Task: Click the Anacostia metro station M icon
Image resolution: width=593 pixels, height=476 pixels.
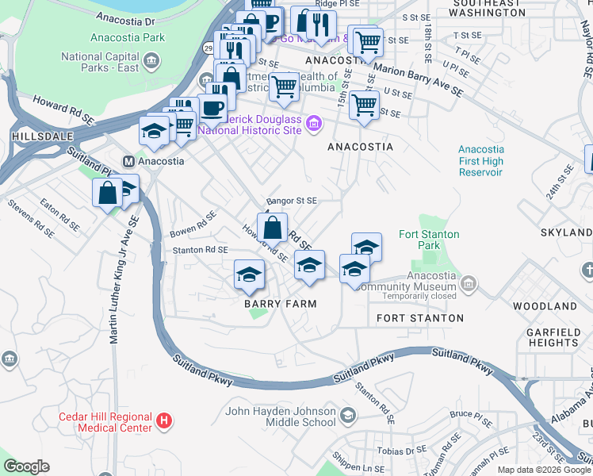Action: coord(128,161)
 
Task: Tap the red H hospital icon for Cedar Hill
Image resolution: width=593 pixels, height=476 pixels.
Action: coord(164,420)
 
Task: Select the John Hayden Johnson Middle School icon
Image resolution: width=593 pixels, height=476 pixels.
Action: coord(347,415)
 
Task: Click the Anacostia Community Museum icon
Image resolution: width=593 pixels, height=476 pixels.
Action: coord(469,282)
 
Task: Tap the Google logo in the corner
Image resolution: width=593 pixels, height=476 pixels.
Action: coord(26,466)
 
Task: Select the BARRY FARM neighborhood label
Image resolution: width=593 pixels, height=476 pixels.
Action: coord(280,304)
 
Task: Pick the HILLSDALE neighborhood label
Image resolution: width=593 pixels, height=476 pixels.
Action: coord(36,136)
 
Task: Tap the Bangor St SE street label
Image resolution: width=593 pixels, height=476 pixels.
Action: coord(291,202)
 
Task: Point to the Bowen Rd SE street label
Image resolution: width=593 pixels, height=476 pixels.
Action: coord(193,225)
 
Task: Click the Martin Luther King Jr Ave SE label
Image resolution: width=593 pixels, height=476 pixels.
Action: coord(113,294)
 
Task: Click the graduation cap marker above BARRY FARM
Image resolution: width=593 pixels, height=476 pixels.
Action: coord(249,274)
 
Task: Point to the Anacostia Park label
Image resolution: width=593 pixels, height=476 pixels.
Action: coord(127,37)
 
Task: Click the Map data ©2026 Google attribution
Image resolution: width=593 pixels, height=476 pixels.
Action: coord(543,469)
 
